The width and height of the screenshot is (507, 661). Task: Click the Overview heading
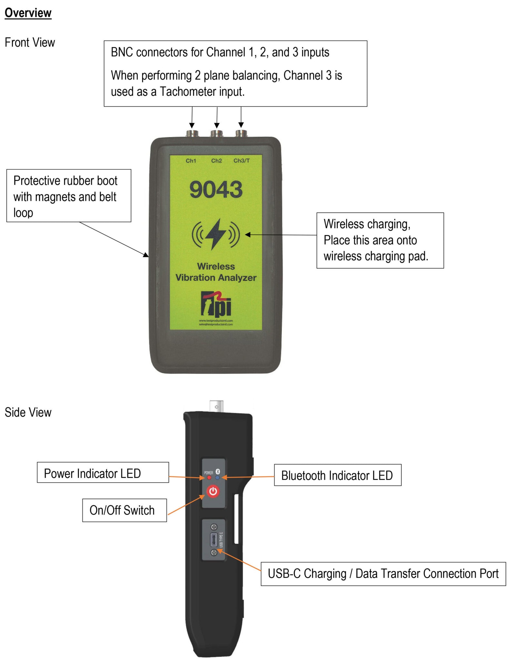(x=28, y=13)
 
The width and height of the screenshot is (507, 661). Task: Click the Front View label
(x=30, y=43)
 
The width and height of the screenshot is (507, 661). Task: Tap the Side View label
(x=28, y=412)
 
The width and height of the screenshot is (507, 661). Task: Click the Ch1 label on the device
(x=191, y=160)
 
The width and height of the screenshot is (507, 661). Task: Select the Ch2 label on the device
(x=216, y=160)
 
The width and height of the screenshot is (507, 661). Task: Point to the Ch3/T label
(x=241, y=160)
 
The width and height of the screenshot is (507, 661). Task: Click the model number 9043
(x=216, y=189)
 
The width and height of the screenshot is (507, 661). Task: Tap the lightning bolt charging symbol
(x=215, y=234)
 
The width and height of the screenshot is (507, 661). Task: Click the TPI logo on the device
(x=216, y=304)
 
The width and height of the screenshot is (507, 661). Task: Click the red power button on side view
(x=213, y=491)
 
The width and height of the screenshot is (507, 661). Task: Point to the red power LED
(x=209, y=477)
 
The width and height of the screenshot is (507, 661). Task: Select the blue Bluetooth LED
(x=217, y=477)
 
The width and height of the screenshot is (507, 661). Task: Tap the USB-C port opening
(x=214, y=539)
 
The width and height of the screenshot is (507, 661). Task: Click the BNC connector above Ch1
(x=192, y=133)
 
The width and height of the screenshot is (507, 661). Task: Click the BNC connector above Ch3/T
(x=241, y=133)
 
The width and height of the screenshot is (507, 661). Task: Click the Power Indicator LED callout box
(x=103, y=472)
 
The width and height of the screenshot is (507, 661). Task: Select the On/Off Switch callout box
(x=124, y=510)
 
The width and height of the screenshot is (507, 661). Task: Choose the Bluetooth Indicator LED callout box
(x=337, y=475)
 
